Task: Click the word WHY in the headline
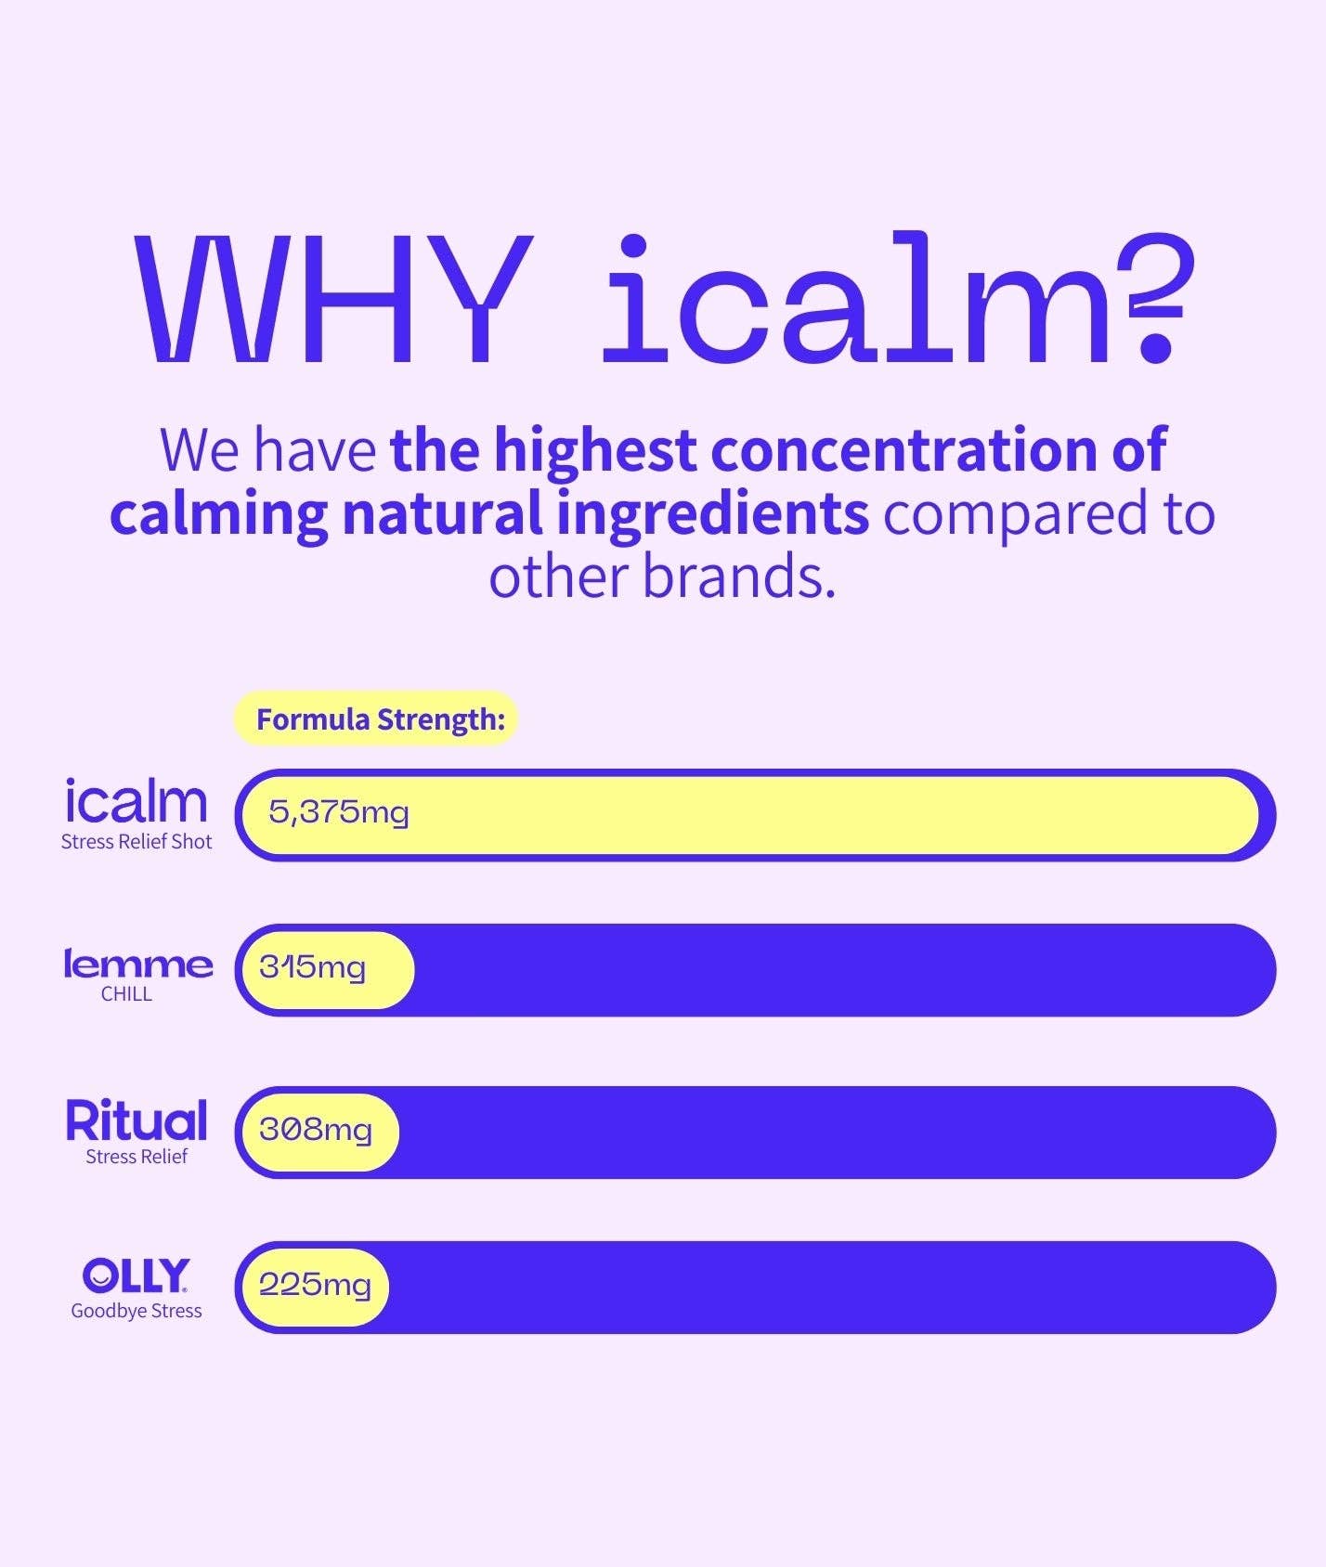point(334,298)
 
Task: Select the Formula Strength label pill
point(375,719)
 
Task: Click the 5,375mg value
point(338,812)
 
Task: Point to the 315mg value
point(313,967)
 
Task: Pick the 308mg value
point(316,1129)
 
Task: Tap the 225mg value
point(315,1284)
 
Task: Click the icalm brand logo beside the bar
point(136,801)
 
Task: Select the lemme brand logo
point(137,964)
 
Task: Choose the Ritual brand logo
point(136,1120)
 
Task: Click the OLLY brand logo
point(136,1276)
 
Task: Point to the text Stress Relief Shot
point(136,842)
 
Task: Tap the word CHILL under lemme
point(126,994)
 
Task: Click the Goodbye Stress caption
point(136,1311)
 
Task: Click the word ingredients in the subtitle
point(712,515)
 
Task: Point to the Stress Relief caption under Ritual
point(136,1157)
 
